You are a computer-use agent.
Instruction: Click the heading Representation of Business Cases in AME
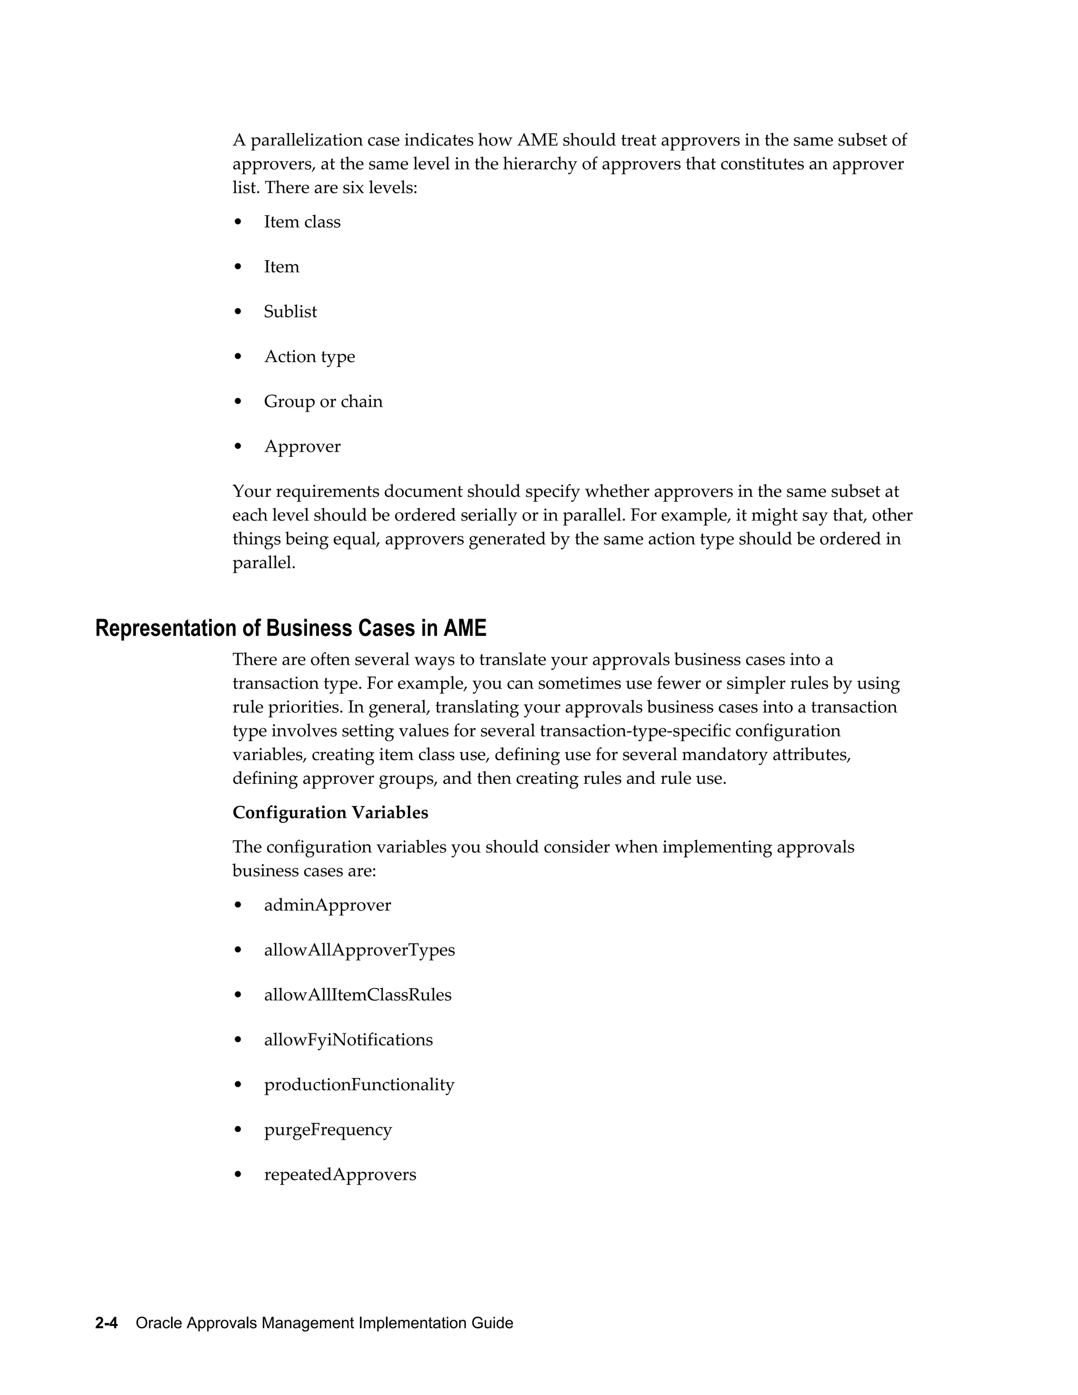point(291,629)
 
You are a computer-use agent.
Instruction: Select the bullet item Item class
point(302,222)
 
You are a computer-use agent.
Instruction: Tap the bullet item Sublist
point(290,312)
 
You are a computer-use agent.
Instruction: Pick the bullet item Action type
point(309,356)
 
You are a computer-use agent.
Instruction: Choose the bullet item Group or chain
point(323,401)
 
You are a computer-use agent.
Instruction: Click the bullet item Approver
point(302,446)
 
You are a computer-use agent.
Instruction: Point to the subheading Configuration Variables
point(330,812)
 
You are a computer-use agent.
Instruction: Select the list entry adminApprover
point(327,905)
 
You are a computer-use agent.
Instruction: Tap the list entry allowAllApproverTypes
point(360,950)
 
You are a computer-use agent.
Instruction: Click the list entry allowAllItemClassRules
point(357,994)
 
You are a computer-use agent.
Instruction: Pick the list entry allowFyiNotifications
point(348,1040)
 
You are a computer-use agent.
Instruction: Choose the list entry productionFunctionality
point(359,1084)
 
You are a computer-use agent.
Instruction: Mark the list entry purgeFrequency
point(327,1129)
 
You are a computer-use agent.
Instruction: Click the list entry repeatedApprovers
point(340,1174)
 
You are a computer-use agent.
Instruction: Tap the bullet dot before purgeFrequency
point(238,1130)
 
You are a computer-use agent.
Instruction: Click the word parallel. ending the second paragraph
point(264,563)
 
